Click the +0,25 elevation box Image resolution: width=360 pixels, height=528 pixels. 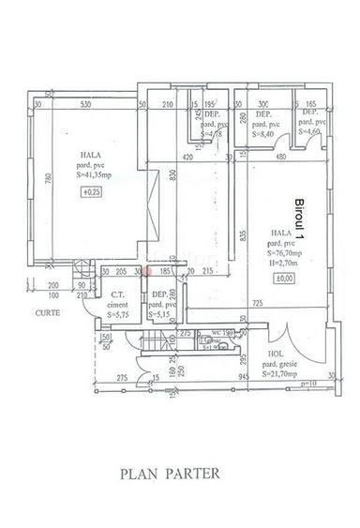click(92, 192)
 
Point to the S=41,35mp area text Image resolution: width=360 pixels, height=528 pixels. click(92, 174)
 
